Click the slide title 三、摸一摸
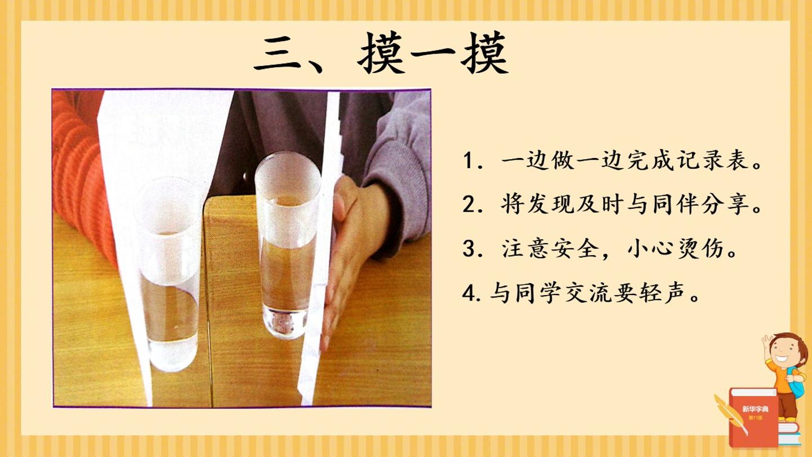381,54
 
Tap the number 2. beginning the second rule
473,205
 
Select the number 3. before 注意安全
473,249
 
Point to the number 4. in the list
472,293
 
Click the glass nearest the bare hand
287,245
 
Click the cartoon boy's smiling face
787,353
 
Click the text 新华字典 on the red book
755,409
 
